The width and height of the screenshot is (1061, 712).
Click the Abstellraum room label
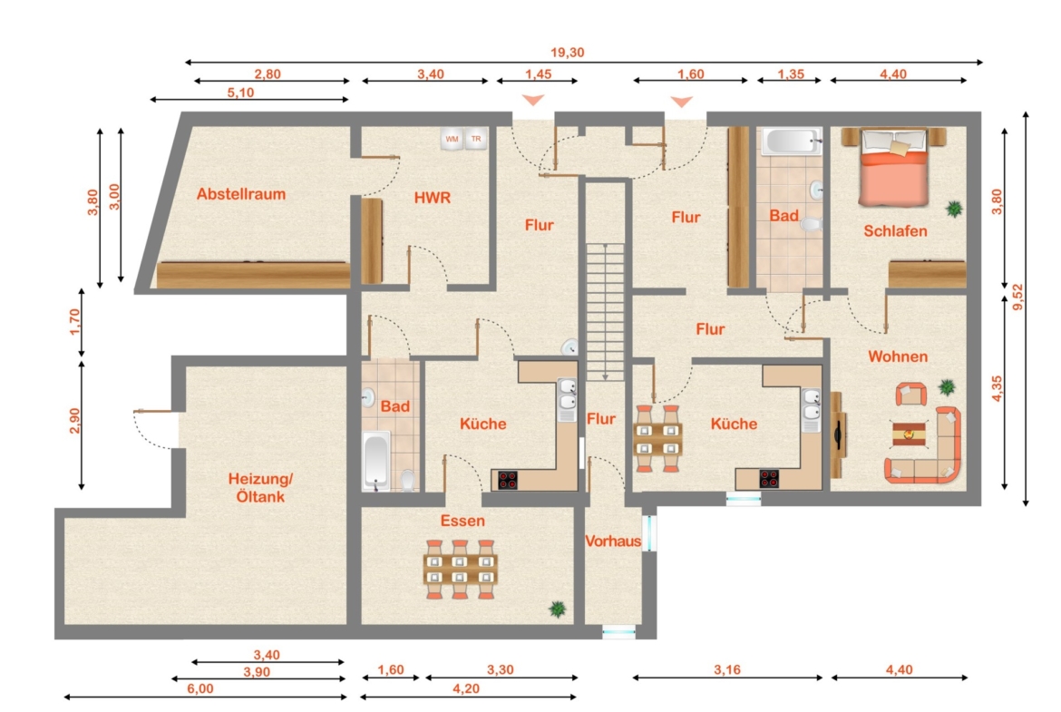pos(241,194)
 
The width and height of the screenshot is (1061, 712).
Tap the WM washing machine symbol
pos(452,139)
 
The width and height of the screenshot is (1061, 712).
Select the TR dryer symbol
pos(476,139)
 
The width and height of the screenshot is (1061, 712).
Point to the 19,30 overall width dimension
pos(567,53)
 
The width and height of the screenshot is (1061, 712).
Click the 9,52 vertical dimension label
pos(1017,297)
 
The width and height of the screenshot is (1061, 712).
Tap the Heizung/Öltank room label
pos(260,487)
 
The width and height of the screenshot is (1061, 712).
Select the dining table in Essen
pos(460,570)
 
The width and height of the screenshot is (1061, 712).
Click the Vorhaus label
pos(613,541)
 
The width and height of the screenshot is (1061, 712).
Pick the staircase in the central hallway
pos(605,312)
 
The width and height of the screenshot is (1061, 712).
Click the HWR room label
pos(433,198)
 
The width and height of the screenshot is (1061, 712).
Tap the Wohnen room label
pos(898,356)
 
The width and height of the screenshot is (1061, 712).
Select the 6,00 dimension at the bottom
pos(200,689)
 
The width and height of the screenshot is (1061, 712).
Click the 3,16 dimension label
pos(727,670)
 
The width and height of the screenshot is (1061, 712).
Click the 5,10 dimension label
pos(240,93)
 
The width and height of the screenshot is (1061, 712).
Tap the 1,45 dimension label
pos(538,73)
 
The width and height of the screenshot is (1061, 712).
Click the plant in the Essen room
pos(558,610)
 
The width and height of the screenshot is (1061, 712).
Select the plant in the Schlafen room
pos(954,209)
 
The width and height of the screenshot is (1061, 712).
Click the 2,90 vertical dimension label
pos(74,420)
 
